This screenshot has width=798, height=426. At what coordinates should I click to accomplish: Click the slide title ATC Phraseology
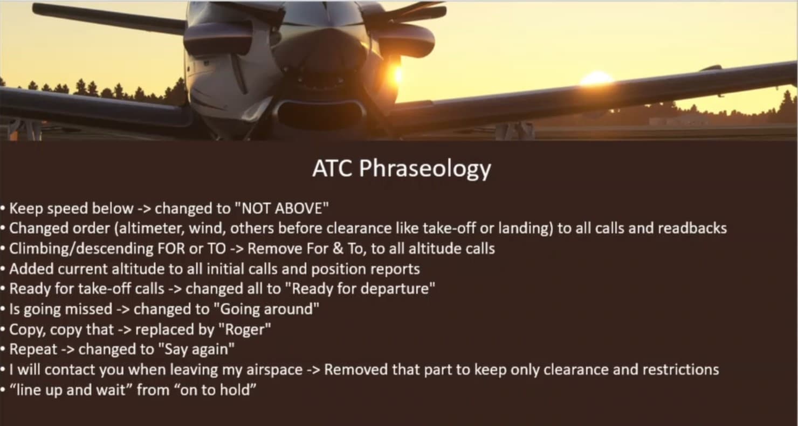click(x=402, y=168)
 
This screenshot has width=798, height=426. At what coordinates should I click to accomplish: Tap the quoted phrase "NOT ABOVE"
click(x=283, y=208)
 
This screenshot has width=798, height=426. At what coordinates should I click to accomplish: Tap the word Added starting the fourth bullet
click(x=31, y=269)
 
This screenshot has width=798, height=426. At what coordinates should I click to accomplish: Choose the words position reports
click(x=366, y=269)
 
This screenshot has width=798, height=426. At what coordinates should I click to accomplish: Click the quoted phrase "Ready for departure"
click(x=363, y=289)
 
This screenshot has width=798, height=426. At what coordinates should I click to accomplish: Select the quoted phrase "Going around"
click(x=266, y=309)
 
